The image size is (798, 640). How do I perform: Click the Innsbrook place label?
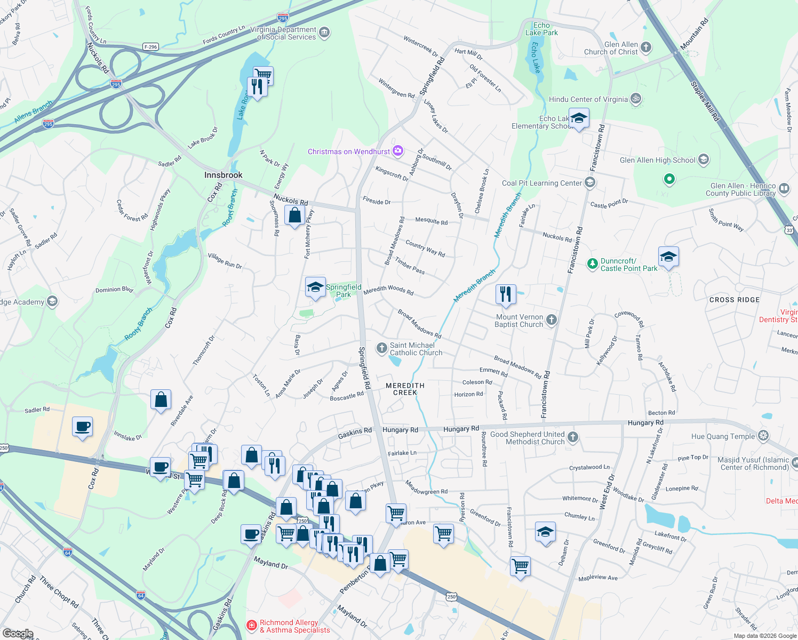tap(223, 175)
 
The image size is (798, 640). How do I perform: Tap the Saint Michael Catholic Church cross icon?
tap(381, 349)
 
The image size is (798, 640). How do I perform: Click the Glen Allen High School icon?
tap(704, 159)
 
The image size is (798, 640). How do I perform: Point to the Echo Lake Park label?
tap(541, 29)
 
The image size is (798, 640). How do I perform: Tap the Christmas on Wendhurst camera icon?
tap(398, 151)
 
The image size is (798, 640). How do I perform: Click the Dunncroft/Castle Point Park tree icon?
tap(592, 263)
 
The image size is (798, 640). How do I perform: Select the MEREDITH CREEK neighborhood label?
tap(405, 389)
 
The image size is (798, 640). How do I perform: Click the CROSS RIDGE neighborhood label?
tap(734, 300)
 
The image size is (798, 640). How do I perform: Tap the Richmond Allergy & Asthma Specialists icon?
tap(251, 625)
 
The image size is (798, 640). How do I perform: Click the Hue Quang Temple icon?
tap(764, 436)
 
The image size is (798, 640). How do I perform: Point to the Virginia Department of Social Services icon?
tap(324, 33)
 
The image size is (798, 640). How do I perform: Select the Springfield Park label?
tap(344, 291)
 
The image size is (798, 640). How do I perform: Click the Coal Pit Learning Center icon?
tap(589, 183)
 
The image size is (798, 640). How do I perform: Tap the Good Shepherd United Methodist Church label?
tap(527, 438)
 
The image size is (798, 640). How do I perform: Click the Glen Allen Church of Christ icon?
tap(646, 47)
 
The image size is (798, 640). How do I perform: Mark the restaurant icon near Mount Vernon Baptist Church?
tap(505, 294)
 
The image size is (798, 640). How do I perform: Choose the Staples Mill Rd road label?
tap(705, 101)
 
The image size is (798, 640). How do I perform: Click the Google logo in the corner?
tap(18, 634)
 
